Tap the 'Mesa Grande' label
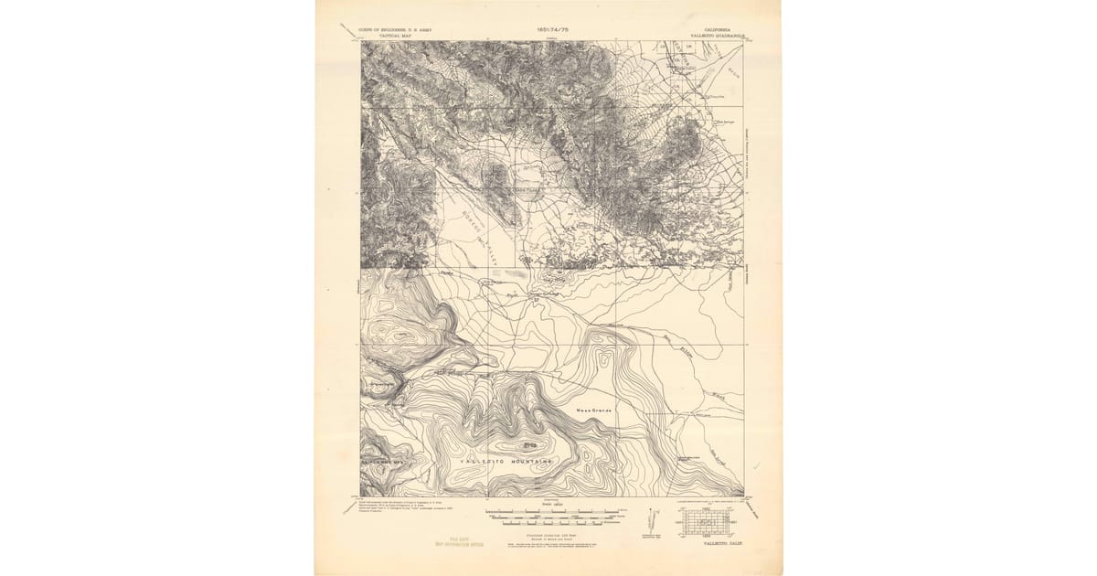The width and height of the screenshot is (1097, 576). [x=592, y=410]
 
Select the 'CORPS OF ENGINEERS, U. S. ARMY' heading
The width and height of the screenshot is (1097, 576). [x=395, y=29]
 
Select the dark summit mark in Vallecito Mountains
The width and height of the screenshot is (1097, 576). [x=529, y=445]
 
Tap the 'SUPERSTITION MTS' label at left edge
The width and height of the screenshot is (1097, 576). [x=383, y=463]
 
